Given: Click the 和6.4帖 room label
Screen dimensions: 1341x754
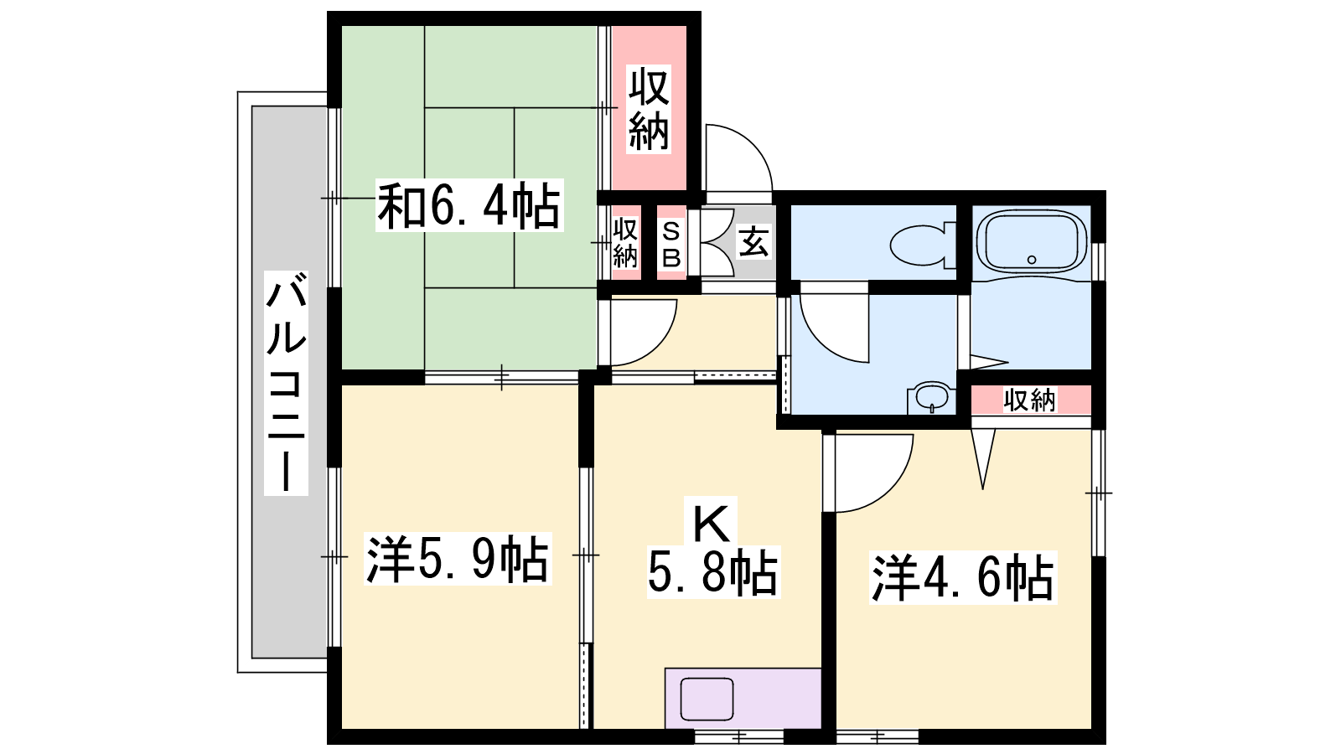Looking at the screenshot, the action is click(469, 205).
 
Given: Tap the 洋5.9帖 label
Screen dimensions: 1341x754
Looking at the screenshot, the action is click(458, 558).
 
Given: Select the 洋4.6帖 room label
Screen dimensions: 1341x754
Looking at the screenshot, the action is click(963, 577).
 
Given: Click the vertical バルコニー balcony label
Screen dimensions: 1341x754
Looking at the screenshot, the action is click(286, 383).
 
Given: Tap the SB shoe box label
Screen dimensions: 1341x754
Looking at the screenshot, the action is click(671, 244).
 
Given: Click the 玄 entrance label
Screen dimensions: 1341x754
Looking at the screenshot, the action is click(753, 242).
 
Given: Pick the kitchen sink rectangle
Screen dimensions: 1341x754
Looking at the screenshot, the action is click(707, 699).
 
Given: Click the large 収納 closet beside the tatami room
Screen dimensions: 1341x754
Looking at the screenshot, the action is click(649, 108).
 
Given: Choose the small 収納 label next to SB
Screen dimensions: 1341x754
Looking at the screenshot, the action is click(624, 244).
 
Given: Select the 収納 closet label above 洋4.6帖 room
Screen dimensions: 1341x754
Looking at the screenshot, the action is click(1030, 400).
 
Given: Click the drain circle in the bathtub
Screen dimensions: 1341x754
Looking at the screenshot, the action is click(1032, 260).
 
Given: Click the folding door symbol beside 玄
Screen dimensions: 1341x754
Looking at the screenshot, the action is click(717, 242).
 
